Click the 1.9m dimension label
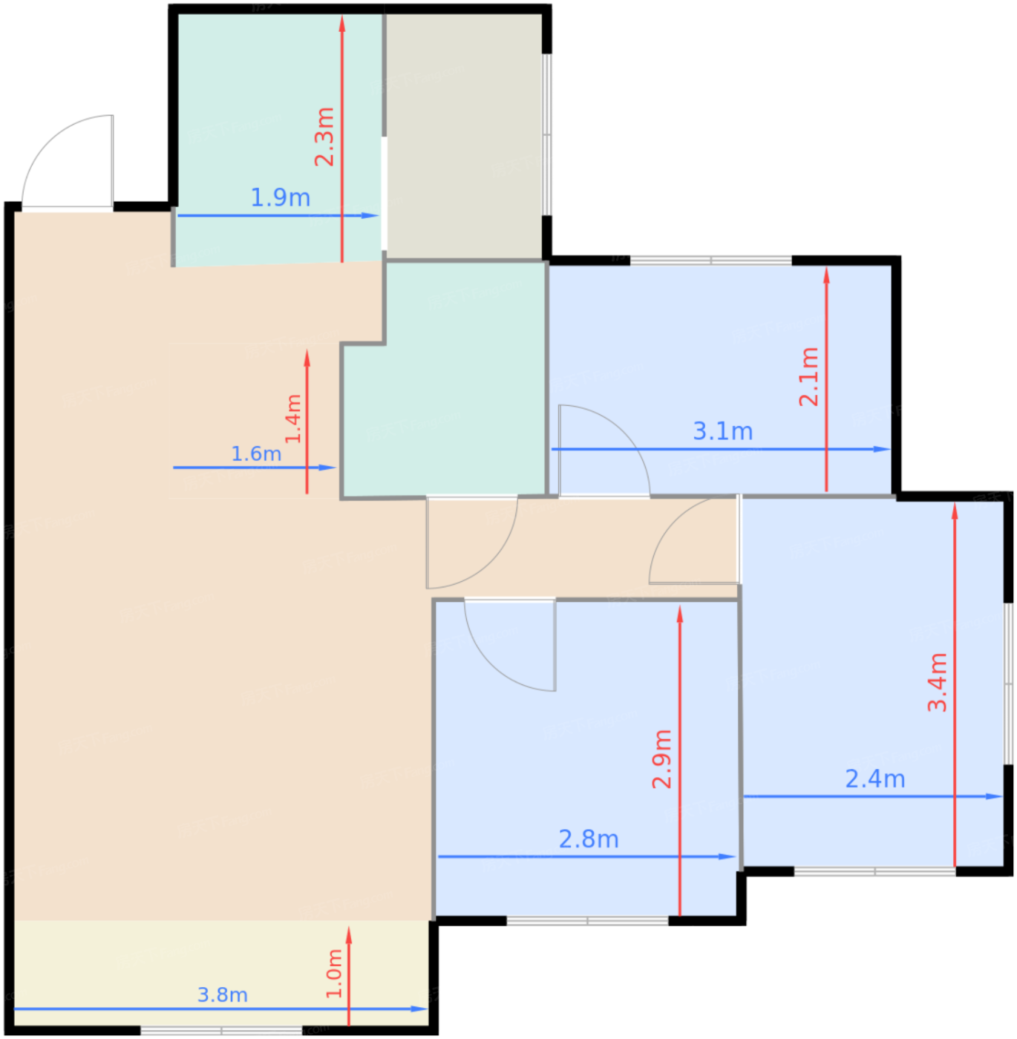coord(281,197)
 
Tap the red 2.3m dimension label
coord(324,137)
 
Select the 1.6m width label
coord(256,454)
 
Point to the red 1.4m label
coord(293,419)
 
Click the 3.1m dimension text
coord(723,431)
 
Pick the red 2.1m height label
coord(808,376)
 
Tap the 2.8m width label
coord(589,839)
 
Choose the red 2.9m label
coord(662,759)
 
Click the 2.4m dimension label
coord(875,779)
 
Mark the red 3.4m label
coord(938,682)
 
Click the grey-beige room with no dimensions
coord(464,136)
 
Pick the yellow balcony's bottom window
coord(222,1030)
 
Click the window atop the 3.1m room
coord(711,260)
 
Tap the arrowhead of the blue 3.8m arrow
coord(419,1009)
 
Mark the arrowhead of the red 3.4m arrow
coord(955,511)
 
